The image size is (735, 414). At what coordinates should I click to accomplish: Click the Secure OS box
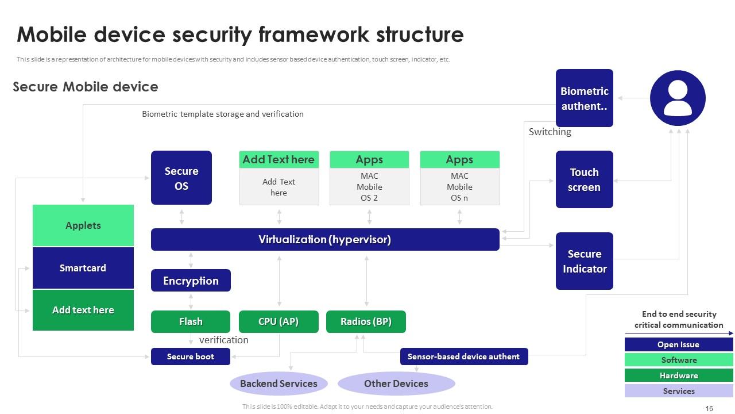[x=181, y=178]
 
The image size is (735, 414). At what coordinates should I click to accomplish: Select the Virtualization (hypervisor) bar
[x=325, y=239]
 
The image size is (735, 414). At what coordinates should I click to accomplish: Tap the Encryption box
[x=191, y=281]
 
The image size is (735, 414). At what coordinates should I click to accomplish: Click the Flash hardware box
[x=191, y=321]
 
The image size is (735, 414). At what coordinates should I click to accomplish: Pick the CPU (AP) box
[x=278, y=321]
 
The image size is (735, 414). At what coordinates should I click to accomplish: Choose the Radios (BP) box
[x=366, y=321]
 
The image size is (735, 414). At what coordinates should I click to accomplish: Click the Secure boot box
[x=191, y=356]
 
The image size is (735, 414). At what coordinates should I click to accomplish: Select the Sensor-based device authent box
[x=463, y=356]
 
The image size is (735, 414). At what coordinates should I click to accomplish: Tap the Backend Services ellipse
[x=278, y=384]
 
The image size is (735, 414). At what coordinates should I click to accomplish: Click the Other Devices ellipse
[x=396, y=384]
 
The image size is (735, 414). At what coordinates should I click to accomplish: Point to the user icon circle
[x=678, y=98]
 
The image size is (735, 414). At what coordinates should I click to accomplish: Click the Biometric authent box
[x=584, y=98]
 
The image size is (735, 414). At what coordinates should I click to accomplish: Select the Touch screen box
[x=584, y=179]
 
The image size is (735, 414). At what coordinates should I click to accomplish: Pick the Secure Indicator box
[x=584, y=261]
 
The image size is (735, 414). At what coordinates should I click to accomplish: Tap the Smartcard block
[x=83, y=268]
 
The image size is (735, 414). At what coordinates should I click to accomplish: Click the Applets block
[x=83, y=225]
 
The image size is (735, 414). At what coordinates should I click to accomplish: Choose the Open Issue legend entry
[x=679, y=344]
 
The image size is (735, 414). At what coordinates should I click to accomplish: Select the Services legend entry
[x=679, y=391]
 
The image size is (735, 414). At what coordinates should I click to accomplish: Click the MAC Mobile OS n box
[x=459, y=187]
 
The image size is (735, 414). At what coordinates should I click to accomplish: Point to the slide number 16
[x=709, y=408]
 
